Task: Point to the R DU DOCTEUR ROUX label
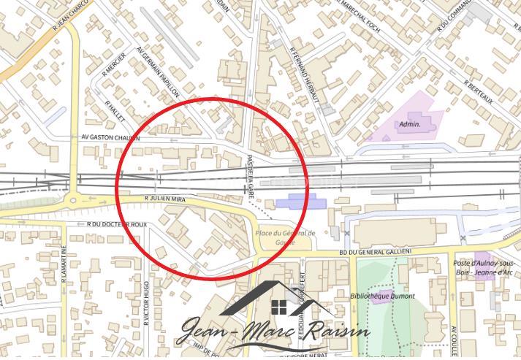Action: click(116, 224)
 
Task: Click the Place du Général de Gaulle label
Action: click(284, 237)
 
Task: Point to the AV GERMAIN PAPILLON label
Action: click(158, 72)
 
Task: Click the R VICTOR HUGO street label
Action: click(147, 302)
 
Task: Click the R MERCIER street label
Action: click(110, 68)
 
